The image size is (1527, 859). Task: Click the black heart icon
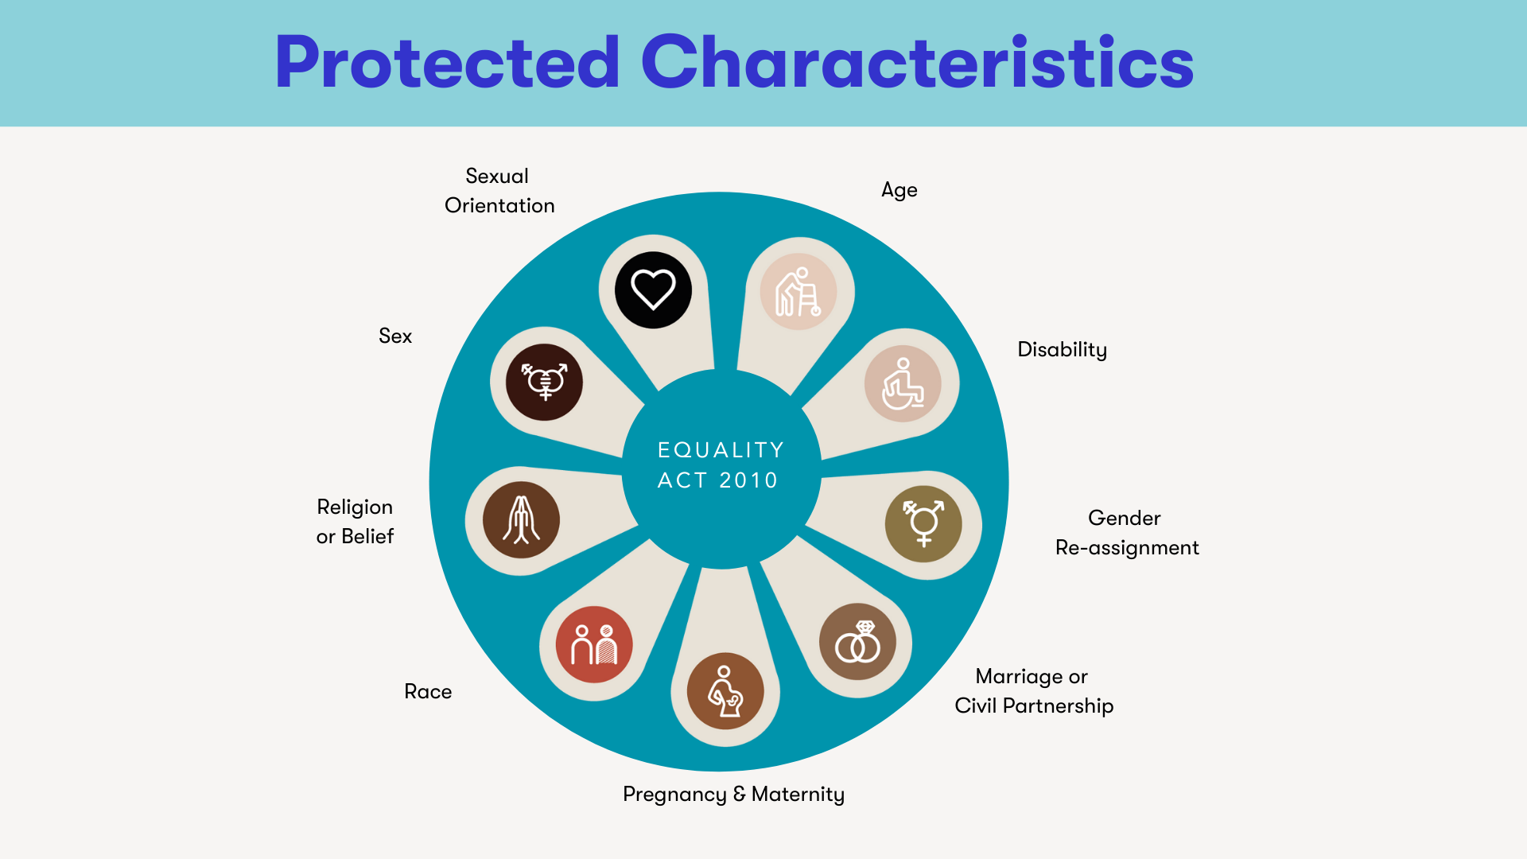pos(653,290)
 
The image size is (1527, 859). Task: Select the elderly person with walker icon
pos(798,292)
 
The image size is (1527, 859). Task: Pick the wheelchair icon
pos(903,383)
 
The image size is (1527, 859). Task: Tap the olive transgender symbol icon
pos(923,524)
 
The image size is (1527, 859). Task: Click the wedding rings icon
pos(857,642)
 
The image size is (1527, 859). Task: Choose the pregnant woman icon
pos(725,691)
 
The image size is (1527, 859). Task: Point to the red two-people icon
pos(594,644)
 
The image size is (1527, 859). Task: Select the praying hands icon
pos(521,519)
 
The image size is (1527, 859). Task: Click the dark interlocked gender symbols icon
pos(544,382)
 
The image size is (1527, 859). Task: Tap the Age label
pos(899,190)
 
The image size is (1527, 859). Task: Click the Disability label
pos(1062,350)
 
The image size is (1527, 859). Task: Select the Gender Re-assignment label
pos(1126,533)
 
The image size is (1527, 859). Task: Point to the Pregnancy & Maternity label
pos(733,794)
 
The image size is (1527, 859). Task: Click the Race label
pos(428,691)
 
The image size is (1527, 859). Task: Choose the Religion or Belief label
pos(355,522)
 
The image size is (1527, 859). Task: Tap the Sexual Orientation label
pos(499,191)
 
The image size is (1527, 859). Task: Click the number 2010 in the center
pos(748,480)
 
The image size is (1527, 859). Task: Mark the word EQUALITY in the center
pos(721,450)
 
